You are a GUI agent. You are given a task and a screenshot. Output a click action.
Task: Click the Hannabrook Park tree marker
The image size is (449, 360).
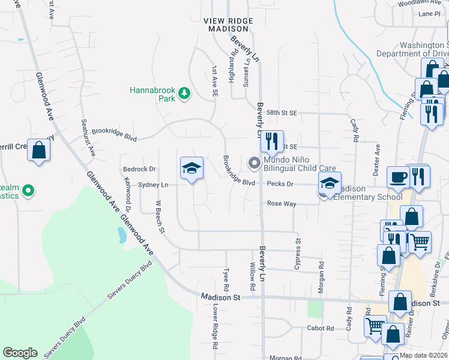click(x=184, y=94)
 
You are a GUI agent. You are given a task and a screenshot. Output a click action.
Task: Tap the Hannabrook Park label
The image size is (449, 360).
click(x=152, y=94)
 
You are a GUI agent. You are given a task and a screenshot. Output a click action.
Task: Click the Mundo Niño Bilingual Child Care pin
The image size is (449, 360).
click(x=255, y=162)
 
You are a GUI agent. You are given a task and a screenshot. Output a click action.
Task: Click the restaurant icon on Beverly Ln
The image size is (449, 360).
click(x=272, y=142)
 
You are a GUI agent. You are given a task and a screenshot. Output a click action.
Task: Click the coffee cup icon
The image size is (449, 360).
click(x=398, y=178)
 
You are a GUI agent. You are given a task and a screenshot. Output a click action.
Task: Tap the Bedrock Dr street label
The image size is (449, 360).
click(x=139, y=169)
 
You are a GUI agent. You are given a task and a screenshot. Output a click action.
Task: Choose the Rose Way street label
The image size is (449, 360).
click(x=282, y=204)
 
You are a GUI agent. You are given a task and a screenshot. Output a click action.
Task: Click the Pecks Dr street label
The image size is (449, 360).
click(x=280, y=184)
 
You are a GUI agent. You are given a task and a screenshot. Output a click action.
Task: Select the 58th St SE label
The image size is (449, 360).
click(x=282, y=113)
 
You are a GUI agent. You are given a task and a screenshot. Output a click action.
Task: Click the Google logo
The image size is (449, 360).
click(x=20, y=353)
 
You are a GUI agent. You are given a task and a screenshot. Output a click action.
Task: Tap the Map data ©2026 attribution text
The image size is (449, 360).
click(x=423, y=355)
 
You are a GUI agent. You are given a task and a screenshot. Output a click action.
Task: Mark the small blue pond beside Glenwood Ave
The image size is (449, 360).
click(x=122, y=235)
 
